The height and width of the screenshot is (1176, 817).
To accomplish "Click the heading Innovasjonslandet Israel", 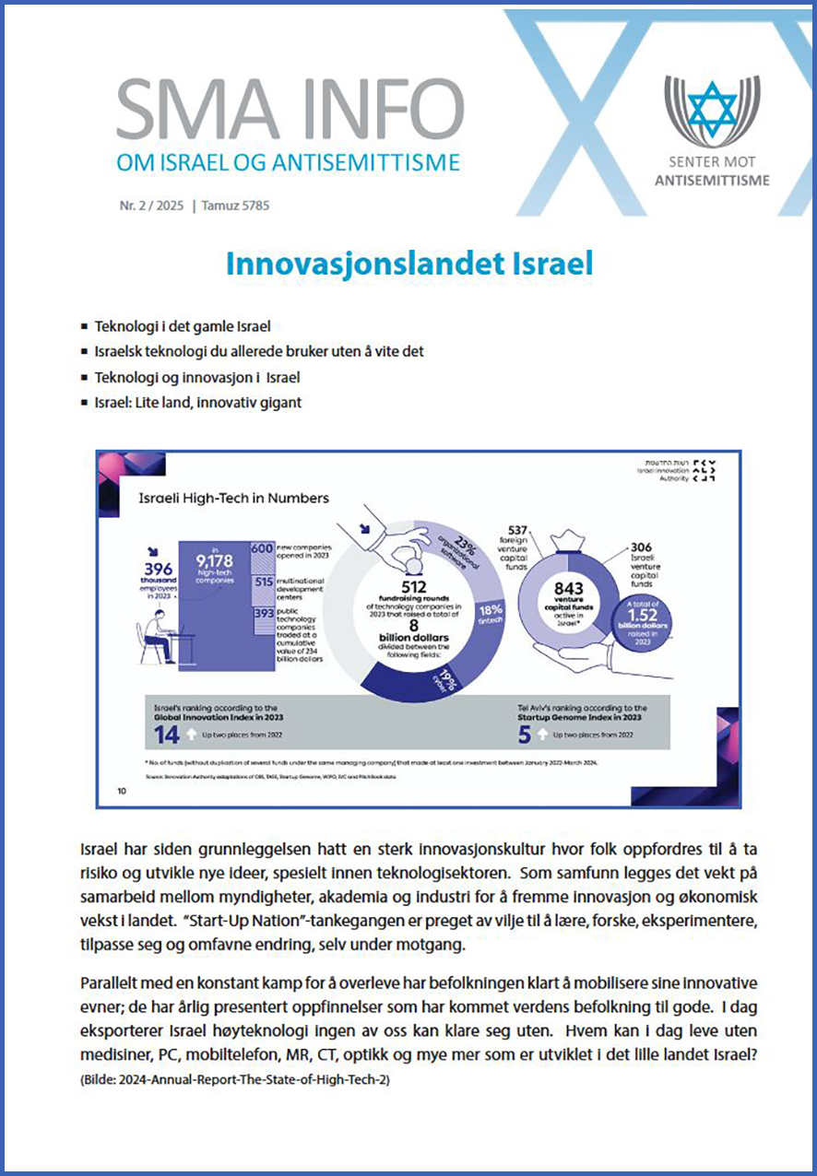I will coord(408,264).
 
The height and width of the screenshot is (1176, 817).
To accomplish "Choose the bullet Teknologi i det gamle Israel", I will coord(188,327).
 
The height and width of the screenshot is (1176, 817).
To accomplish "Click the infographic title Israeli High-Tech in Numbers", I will coord(233,499).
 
